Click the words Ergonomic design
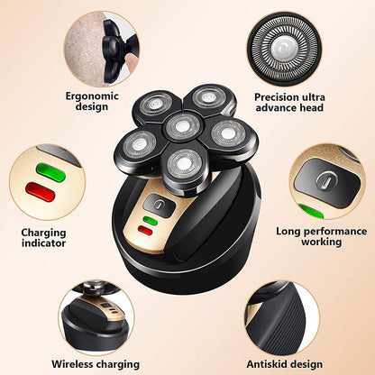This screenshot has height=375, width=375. coord(93,102)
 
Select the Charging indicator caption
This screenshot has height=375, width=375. coord(44,238)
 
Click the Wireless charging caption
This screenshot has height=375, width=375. coord(95,364)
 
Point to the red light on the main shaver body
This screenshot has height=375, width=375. coord(144,232)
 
